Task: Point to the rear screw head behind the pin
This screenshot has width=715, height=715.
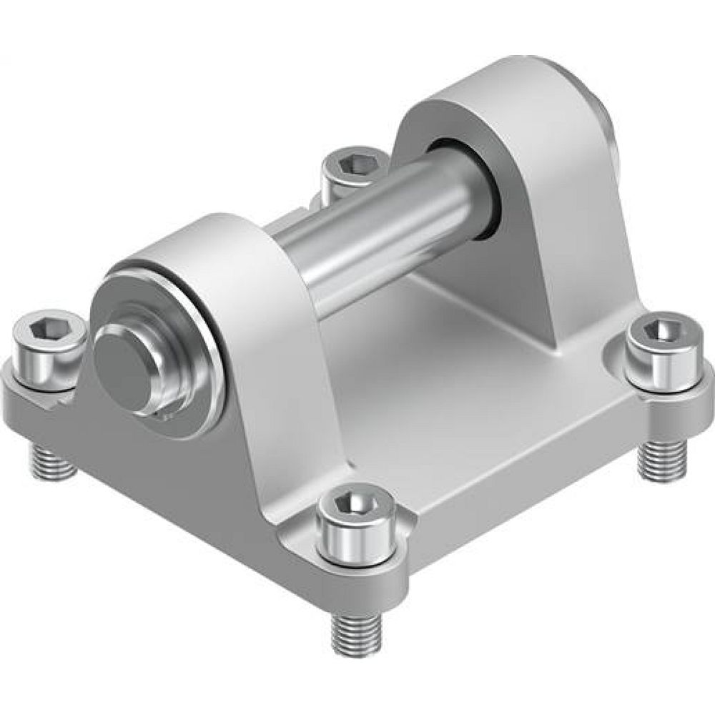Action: (350, 166)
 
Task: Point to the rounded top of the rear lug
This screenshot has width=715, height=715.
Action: (515, 79)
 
